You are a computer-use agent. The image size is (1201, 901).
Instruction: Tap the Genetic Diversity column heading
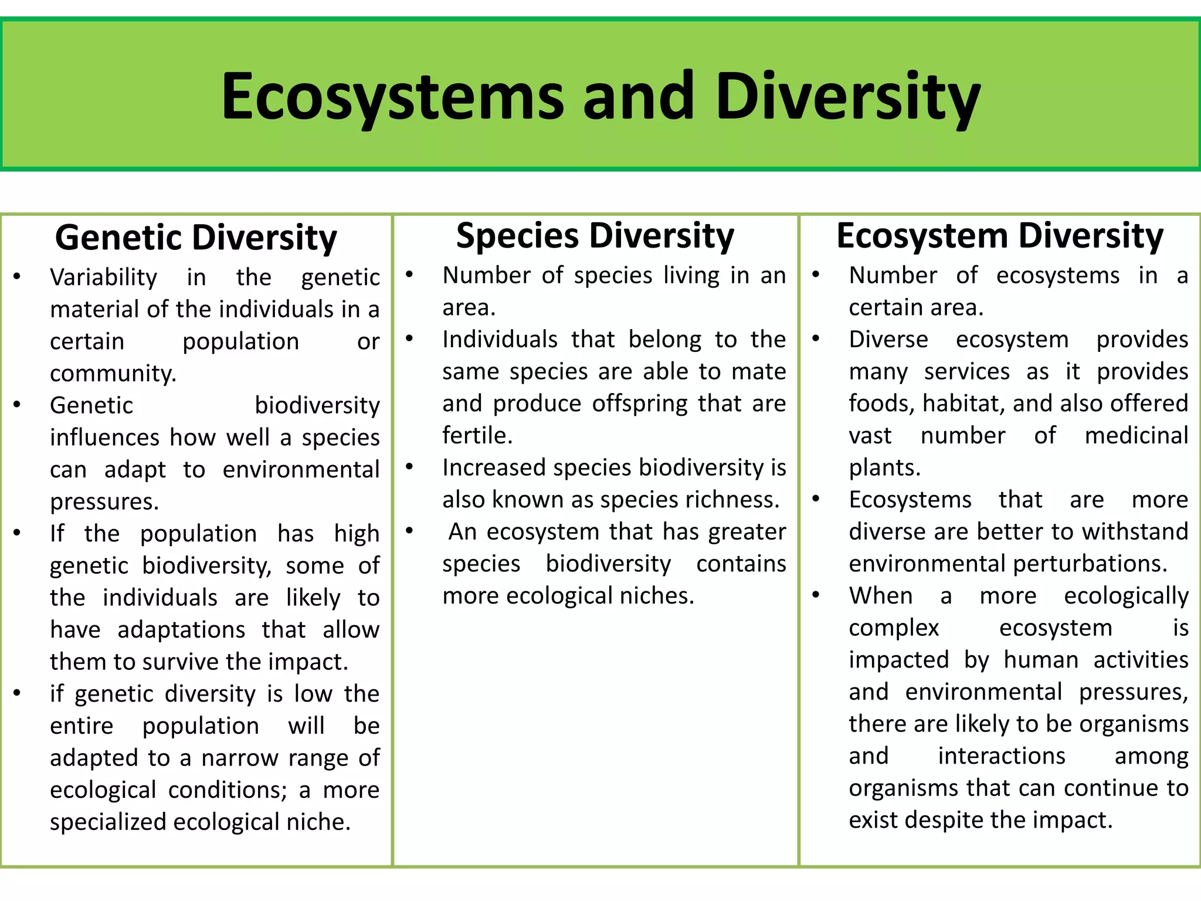[x=196, y=238]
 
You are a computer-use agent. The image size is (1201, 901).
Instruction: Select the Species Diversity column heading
[x=595, y=236]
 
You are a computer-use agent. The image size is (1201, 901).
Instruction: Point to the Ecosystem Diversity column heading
[x=999, y=236]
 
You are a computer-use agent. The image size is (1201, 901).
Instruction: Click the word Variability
[x=104, y=277]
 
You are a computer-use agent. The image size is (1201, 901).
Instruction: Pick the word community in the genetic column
[x=113, y=374]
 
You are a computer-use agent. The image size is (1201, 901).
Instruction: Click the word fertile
[x=477, y=436]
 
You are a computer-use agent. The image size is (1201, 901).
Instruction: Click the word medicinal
[x=1136, y=436]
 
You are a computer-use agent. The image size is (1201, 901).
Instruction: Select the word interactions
[x=1001, y=756]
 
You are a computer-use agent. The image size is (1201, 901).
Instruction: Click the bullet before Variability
[x=17, y=277]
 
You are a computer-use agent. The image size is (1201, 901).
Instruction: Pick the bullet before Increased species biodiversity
[x=409, y=468]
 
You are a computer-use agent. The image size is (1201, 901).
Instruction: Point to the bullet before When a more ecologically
[x=816, y=595]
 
